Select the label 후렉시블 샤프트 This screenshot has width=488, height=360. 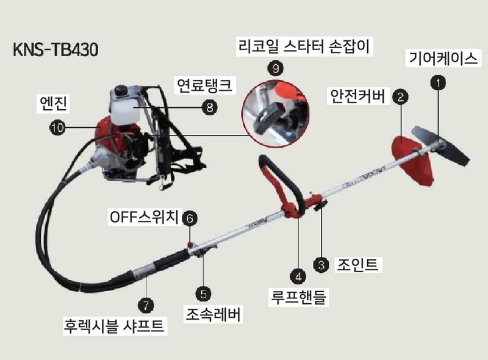115,326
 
